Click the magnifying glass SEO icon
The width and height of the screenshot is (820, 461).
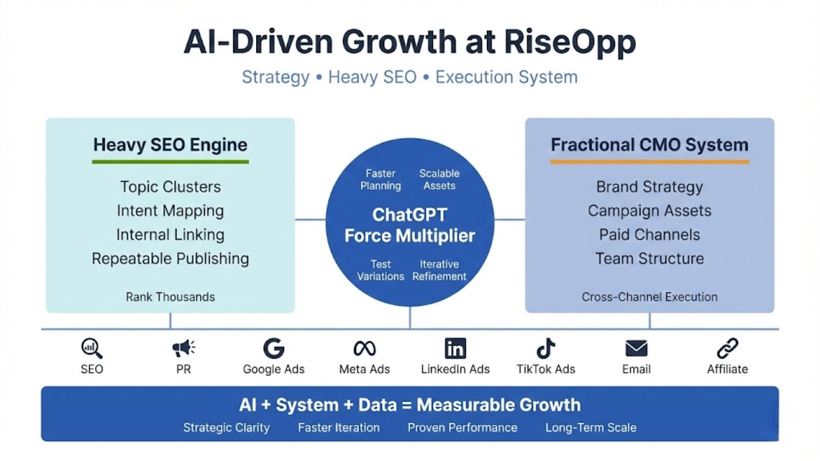(92, 348)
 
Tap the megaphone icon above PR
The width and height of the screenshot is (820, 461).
(183, 348)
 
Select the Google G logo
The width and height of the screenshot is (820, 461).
(274, 348)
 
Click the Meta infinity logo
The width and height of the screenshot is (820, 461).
(364, 348)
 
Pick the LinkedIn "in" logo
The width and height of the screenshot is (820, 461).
(455, 348)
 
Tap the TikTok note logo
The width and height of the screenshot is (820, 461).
(546, 348)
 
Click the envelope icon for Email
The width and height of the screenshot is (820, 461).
(637, 348)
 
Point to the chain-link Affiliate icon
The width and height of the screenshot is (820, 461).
(727, 348)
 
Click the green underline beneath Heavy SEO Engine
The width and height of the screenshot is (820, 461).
(170, 162)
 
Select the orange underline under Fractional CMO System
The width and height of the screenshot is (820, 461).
(649, 162)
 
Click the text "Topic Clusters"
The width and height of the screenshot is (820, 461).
(170, 186)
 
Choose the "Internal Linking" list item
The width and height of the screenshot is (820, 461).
(170, 235)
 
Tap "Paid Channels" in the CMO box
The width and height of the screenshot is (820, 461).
(649, 235)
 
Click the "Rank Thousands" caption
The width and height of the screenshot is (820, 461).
(170, 297)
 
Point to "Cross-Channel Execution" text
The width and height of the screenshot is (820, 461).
(649, 297)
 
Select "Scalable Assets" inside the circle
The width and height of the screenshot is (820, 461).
(439, 179)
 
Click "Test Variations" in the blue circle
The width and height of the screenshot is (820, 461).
(380, 270)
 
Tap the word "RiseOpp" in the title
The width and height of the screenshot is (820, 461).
(570, 42)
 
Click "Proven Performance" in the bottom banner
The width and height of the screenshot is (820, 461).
(462, 428)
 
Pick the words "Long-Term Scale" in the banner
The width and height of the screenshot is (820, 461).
(590, 428)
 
